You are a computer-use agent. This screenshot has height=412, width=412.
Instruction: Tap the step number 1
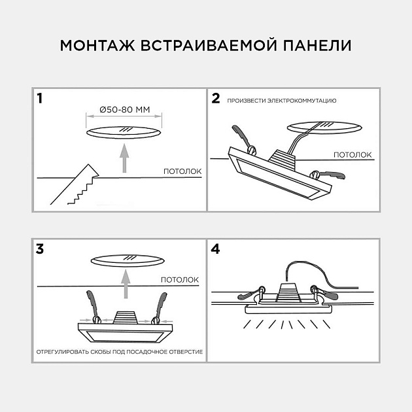point(41,99)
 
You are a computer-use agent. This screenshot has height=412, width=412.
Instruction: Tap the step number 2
point(216,99)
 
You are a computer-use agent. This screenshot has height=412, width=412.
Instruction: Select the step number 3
point(41,249)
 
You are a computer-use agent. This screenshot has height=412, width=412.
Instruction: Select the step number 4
point(216,249)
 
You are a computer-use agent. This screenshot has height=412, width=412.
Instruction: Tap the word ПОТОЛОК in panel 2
point(352,155)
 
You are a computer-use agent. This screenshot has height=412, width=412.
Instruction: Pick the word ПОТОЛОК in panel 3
point(180,279)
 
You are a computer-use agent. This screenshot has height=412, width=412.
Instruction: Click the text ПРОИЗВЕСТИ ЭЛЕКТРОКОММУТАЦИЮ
point(282,101)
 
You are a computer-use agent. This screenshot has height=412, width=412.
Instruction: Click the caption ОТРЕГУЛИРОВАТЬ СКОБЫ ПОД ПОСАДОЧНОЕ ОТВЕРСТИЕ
point(119,351)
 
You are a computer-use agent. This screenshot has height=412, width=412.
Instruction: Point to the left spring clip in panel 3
point(92,306)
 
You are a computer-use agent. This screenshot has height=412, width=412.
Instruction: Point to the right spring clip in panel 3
point(158,306)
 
